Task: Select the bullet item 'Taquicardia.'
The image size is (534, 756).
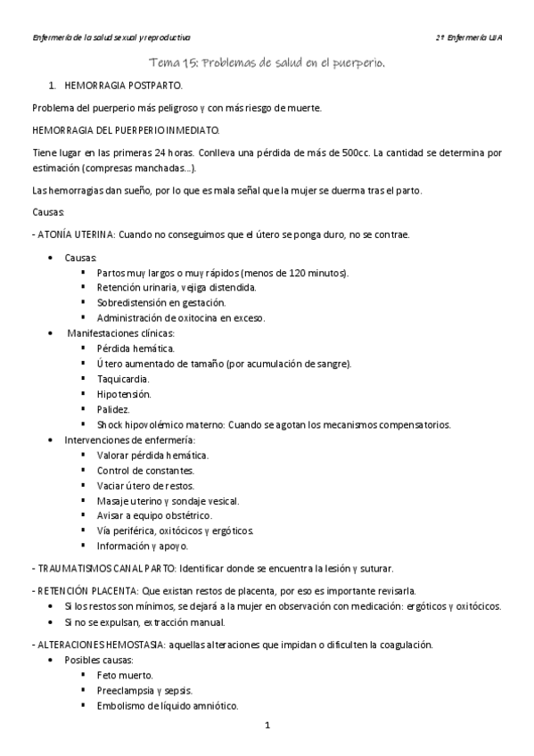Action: click(123, 379)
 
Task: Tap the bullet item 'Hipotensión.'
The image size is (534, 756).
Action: click(124, 394)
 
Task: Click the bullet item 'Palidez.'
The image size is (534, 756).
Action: click(114, 409)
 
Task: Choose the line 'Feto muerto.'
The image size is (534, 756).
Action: click(125, 675)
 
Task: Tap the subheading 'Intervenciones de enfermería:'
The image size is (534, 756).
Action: click(130, 440)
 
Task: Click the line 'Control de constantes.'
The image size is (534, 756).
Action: click(145, 470)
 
